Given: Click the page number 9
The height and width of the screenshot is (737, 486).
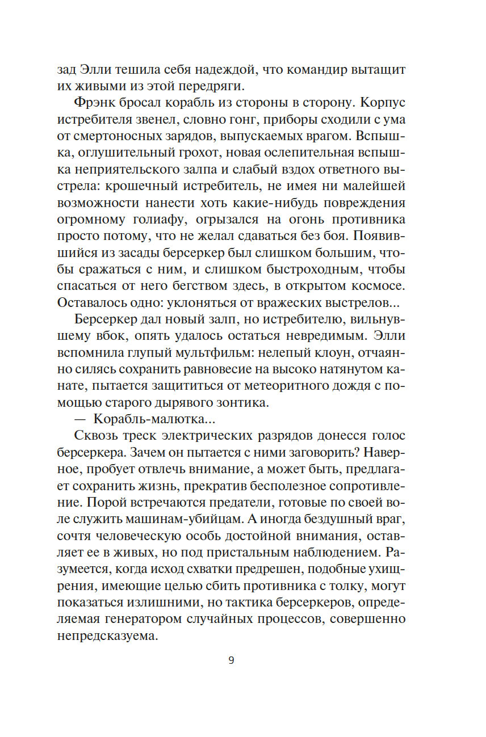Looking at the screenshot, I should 231,660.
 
